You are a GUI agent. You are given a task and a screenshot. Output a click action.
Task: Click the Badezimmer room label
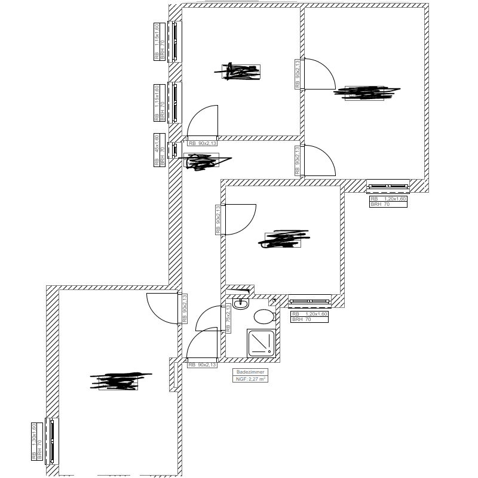[x=250, y=372]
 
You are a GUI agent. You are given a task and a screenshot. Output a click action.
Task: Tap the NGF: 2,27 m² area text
[x=250, y=378]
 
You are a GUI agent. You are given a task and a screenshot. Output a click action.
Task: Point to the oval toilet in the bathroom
[x=263, y=316]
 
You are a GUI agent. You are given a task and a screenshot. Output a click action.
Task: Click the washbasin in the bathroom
[x=241, y=304]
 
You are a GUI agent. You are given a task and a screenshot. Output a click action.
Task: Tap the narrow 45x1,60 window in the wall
[x=174, y=149]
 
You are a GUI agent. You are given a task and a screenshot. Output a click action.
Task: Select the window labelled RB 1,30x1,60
[x=53, y=441]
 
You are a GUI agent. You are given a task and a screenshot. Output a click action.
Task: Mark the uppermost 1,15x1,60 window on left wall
[x=175, y=42]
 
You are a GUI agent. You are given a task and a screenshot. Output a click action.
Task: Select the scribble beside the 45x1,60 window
[x=202, y=161]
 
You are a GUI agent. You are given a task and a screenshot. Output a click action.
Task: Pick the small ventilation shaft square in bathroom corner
[x=274, y=301]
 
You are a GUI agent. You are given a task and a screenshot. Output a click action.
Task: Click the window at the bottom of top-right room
[x=388, y=186]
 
